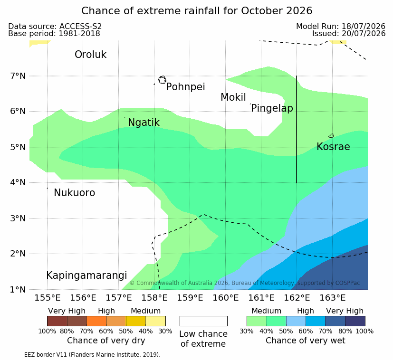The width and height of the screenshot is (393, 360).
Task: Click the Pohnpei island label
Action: point(185,87)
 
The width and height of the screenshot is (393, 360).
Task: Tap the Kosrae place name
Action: point(333,147)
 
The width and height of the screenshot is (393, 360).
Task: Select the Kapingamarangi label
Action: point(86,275)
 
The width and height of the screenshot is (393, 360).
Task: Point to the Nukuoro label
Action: point(75,193)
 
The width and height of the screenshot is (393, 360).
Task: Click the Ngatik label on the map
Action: point(144,123)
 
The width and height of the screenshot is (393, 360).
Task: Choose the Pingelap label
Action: point(272,108)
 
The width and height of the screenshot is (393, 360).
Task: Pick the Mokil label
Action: point(233,97)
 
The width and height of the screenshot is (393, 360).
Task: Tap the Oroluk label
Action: point(90,54)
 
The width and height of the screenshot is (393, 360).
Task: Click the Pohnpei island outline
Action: point(162,80)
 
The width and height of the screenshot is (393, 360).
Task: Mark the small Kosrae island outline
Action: point(331,136)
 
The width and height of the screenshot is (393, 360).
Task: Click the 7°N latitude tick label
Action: point(18,76)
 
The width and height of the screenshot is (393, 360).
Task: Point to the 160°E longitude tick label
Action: point(226,298)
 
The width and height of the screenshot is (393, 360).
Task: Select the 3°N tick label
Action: point(18,218)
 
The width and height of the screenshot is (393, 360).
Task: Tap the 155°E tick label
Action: point(48,298)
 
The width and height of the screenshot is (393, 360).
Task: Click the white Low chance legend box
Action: point(203,321)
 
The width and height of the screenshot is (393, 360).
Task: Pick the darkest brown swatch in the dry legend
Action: point(57,321)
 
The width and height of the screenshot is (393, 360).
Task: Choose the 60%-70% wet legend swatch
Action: point(316,321)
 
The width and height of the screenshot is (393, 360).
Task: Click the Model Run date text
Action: point(341,26)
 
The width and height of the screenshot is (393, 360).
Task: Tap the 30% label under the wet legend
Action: point(246,331)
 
